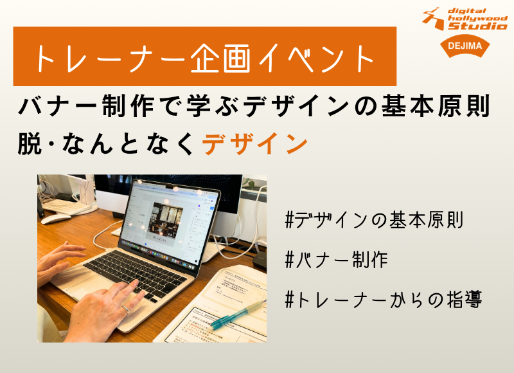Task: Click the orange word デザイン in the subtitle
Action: coord(255,143)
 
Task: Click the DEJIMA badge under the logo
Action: coord(465,46)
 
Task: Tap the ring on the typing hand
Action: coord(126,309)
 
